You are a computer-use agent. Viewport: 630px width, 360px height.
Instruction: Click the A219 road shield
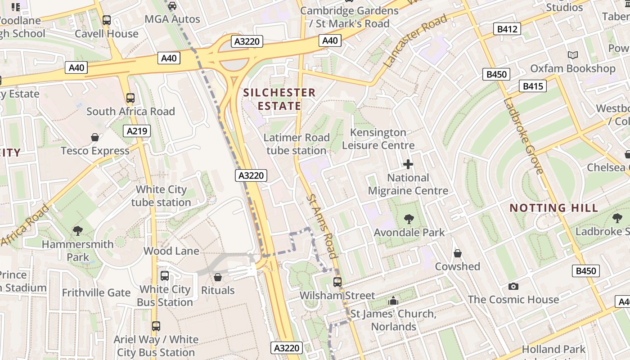(137, 131)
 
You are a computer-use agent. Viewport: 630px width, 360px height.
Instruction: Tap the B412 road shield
(508, 29)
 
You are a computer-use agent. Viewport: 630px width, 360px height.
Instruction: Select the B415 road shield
(532, 86)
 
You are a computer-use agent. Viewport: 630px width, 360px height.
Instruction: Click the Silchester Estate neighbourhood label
(279, 99)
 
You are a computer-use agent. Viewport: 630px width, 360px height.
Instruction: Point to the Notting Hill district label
(553, 208)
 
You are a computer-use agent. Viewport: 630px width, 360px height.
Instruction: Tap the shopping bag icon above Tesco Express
(95, 137)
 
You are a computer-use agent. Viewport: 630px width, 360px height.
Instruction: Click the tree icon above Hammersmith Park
(77, 231)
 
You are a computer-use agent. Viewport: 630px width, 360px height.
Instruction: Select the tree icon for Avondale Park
(409, 219)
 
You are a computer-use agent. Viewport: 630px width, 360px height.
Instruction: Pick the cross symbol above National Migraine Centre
(408, 164)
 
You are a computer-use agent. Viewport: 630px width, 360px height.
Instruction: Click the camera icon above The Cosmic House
(513, 286)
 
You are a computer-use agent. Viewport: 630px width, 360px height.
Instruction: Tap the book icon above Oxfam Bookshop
(572, 55)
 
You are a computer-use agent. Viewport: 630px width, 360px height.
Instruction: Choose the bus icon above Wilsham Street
(337, 282)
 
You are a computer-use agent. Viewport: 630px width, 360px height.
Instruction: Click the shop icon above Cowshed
(458, 253)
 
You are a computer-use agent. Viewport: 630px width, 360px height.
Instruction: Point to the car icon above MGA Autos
(172, 6)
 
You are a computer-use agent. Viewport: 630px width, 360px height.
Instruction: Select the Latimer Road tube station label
(297, 144)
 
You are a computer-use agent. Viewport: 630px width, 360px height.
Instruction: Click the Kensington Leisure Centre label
(378, 139)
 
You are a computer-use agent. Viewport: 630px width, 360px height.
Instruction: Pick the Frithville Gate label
(96, 292)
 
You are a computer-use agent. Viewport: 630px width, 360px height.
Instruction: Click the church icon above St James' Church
(393, 300)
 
